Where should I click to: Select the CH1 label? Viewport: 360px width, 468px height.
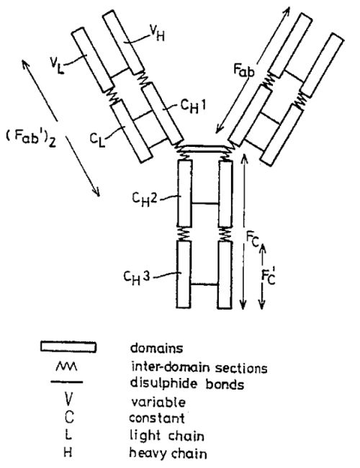point(193,107)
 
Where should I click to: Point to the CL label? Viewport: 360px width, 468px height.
point(98,140)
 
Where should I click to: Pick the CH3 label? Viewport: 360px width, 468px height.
point(136,277)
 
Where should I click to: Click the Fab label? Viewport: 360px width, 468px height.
point(243,71)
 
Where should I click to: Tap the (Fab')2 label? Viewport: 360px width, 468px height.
point(31,139)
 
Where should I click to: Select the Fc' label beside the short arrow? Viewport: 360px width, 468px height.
point(269,276)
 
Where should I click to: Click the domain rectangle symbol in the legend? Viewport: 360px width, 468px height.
point(68,347)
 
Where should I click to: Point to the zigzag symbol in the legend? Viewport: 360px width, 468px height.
point(66,366)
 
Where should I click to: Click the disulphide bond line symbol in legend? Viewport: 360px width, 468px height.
point(66,382)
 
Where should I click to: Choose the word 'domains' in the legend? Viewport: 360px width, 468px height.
point(157,348)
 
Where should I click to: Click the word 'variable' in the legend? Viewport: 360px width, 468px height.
point(158,402)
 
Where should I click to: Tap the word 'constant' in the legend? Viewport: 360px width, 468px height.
point(157,418)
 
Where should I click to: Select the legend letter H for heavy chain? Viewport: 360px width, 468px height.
point(68,452)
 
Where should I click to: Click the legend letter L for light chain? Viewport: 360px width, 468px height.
point(68,435)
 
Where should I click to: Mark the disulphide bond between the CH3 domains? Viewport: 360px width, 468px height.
point(204,284)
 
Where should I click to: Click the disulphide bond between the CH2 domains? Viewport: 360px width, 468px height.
point(204,204)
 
